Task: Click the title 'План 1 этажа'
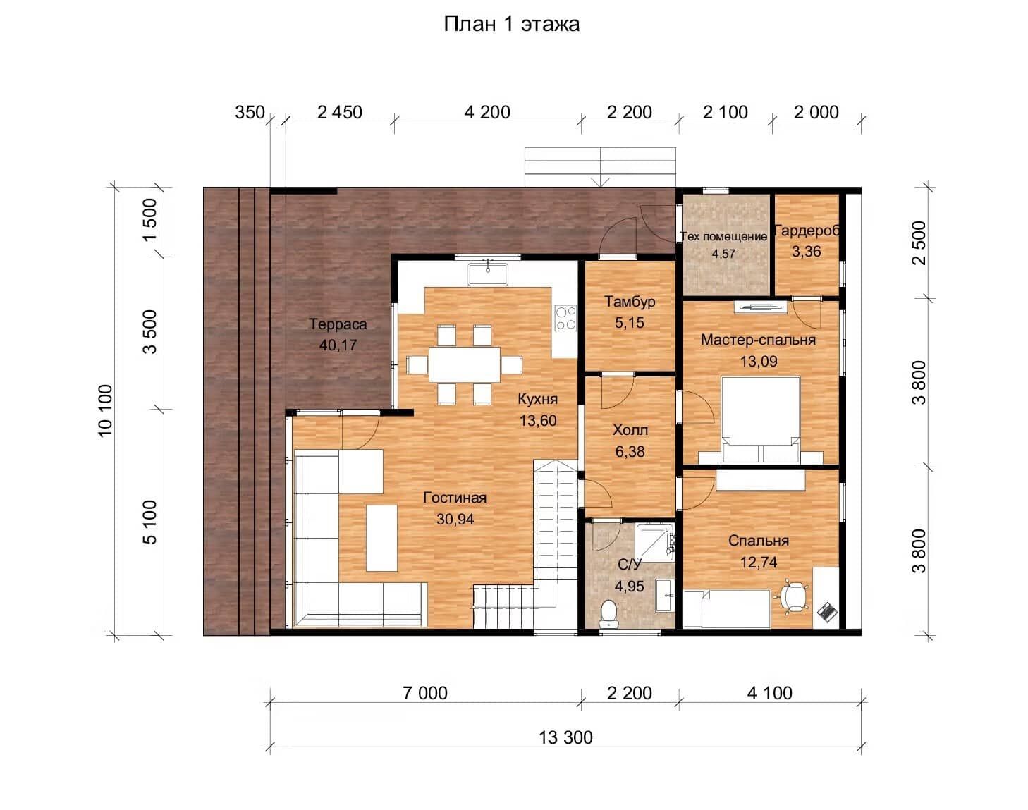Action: tap(512, 25)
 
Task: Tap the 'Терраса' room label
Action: tap(338, 324)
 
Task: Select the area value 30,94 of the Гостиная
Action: tap(455, 519)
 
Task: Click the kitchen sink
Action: tap(488, 274)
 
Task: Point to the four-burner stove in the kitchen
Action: tap(566, 318)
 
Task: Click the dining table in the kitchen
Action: tap(465, 364)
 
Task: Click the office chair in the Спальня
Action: tap(795, 596)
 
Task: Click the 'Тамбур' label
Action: tap(630, 302)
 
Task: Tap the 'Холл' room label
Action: tap(630, 430)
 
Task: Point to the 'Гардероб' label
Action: tap(807, 231)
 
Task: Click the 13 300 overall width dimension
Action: tap(565, 738)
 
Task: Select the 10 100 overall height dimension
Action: tap(105, 411)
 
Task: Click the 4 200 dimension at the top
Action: tap(487, 113)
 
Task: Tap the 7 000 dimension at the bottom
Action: tap(425, 694)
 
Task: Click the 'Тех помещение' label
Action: tap(723, 236)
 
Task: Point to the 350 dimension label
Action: tap(250, 113)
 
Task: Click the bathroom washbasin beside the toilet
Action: tap(664, 595)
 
